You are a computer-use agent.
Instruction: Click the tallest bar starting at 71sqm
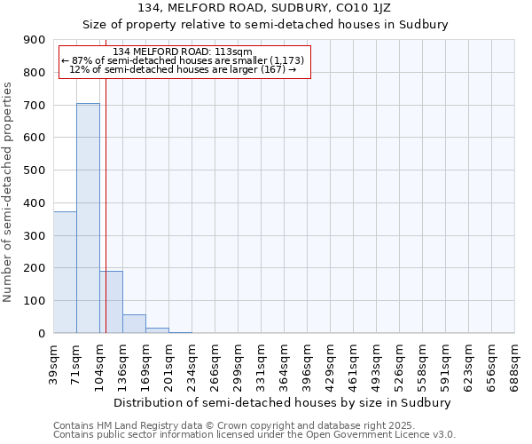(88, 218)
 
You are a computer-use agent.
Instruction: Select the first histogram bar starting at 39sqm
(65, 273)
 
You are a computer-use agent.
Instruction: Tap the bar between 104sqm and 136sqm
(111, 302)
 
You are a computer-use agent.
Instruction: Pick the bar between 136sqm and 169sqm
(134, 324)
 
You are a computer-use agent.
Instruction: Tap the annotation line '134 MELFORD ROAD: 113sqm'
(184, 52)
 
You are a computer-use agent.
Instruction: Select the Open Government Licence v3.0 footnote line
(254, 435)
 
